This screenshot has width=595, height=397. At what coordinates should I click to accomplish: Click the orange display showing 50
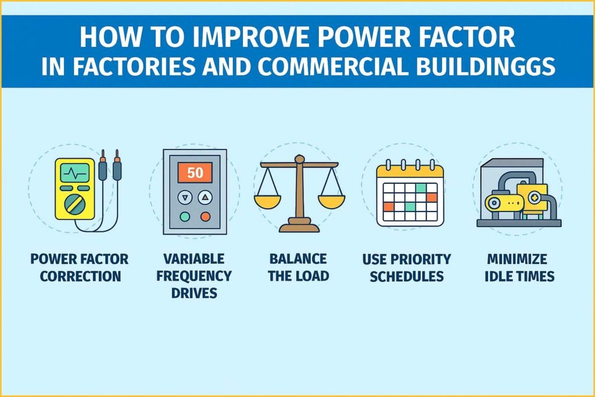click(195, 173)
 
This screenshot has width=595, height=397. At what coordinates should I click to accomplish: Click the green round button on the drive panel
click(185, 216)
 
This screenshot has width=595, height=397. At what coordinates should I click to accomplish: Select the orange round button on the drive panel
click(205, 216)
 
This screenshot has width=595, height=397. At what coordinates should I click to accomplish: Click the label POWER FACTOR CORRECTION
click(79, 267)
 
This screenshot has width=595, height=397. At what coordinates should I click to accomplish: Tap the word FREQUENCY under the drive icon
click(195, 276)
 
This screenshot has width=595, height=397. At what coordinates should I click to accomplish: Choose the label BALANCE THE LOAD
click(297, 267)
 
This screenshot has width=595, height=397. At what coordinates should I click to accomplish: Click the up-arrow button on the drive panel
click(205, 197)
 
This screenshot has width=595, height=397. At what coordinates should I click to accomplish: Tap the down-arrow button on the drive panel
click(185, 197)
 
